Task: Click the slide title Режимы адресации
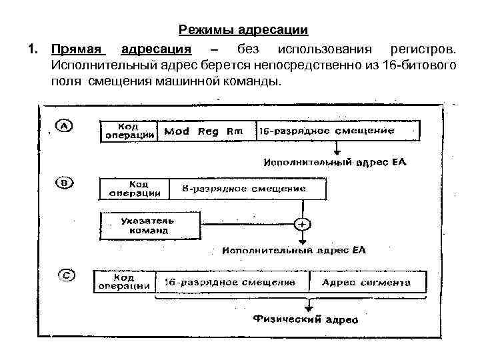click(243, 31)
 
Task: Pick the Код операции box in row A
click(128, 131)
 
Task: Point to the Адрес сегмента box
click(367, 283)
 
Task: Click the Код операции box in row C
click(124, 282)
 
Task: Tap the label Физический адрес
click(306, 320)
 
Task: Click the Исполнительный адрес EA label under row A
click(335, 162)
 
